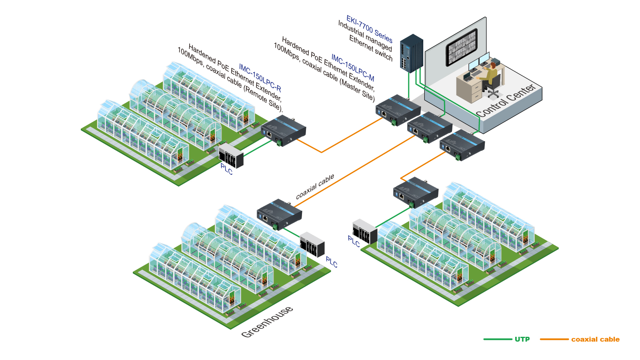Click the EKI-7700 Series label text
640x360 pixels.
point(369,29)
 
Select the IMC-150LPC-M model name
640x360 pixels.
point(352,68)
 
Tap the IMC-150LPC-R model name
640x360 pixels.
point(260,77)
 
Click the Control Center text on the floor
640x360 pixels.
point(506,101)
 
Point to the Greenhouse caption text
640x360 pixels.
point(267,322)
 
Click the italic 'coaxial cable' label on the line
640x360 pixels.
point(315,187)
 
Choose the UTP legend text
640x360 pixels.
point(522,339)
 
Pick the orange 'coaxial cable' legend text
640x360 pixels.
point(595,339)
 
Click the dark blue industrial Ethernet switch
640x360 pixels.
point(412,53)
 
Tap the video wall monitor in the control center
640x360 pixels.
point(462,47)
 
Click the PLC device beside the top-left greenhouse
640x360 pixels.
point(231,156)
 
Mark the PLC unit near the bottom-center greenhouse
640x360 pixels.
point(312,244)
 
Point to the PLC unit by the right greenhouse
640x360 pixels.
point(364,231)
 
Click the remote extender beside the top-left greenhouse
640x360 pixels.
point(283,130)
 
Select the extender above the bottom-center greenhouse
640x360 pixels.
point(279,214)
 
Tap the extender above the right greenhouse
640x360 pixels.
point(416,192)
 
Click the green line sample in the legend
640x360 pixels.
point(498,339)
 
